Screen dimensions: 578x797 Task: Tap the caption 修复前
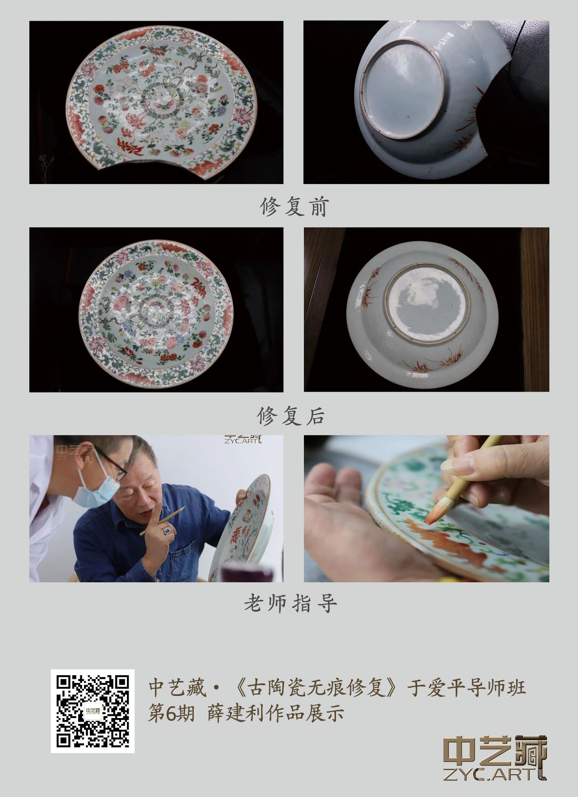[294, 207]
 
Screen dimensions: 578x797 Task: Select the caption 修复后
[291, 415]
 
